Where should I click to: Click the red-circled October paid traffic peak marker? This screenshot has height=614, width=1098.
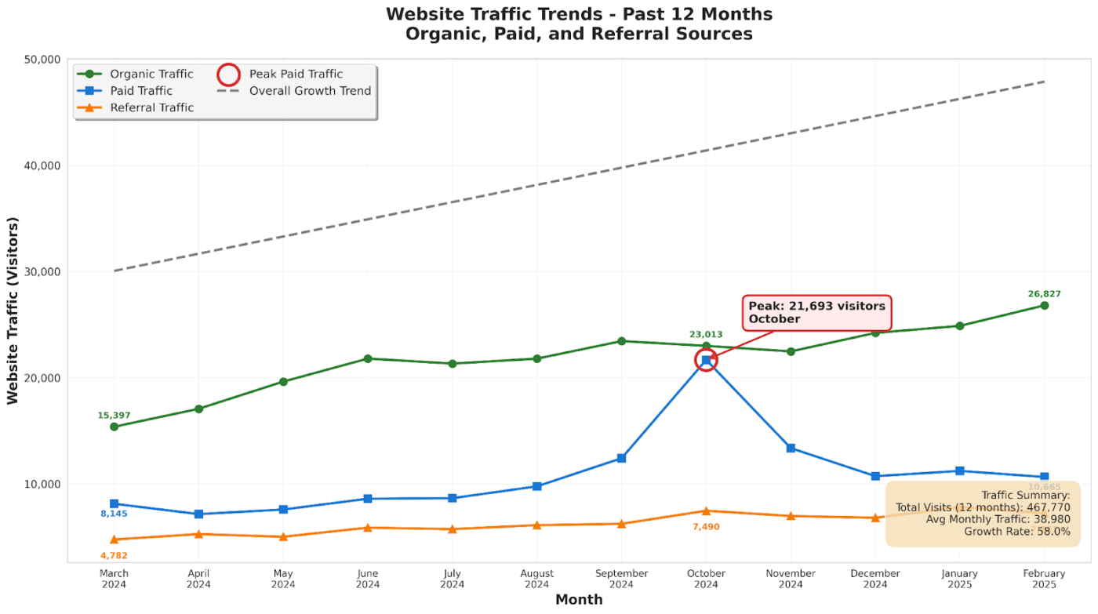pos(706,360)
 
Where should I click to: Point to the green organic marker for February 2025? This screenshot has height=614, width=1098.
pos(1044,305)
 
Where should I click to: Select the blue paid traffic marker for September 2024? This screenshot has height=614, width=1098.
pos(621,458)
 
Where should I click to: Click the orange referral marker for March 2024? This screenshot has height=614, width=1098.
pos(114,540)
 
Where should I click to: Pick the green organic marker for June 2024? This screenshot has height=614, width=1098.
pos(368,358)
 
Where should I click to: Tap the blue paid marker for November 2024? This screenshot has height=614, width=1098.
pos(791,448)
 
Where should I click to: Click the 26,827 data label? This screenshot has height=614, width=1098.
pos(1044,294)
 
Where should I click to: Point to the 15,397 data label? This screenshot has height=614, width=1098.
pos(114,416)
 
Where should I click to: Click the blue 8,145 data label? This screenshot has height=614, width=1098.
pos(114,514)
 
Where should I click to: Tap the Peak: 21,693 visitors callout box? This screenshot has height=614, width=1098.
pos(816,312)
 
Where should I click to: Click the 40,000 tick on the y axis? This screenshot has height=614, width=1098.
pos(40,165)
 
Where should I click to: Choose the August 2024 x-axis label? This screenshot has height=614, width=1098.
pos(536,579)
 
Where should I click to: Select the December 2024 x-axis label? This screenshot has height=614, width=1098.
pos(875,579)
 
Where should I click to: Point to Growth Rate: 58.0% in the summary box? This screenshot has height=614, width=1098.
pos(1003,531)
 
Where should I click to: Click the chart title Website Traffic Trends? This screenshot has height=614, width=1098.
pos(579,14)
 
